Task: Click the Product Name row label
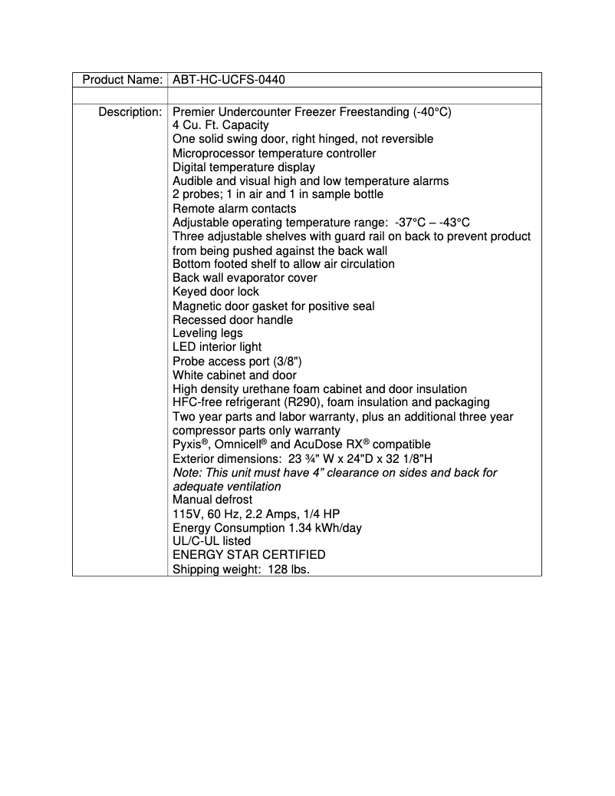pyautogui.click(x=122, y=80)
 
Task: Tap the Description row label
pyautogui.click(x=130, y=112)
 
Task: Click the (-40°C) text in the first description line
pyautogui.click(x=431, y=112)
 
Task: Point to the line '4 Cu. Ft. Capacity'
pyautogui.click(x=221, y=125)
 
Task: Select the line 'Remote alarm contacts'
pyautogui.click(x=234, y=209)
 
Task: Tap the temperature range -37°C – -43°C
pyautogui.click(x=442, y=223)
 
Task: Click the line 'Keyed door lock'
pyautogui.click(x=215, y=292)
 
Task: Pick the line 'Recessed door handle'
pyautogui.click(x=232, y=319)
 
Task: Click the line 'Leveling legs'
pyautogui.click(x=207, y=333)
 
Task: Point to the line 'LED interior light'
pyautogui.click(x=217, y=347)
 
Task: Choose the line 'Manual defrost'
pyautogui.click(x=212, y=500)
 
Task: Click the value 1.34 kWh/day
pyautogui.click(x=325, y=528)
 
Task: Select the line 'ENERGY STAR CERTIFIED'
pyautogui.click(x=248, y=555)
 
